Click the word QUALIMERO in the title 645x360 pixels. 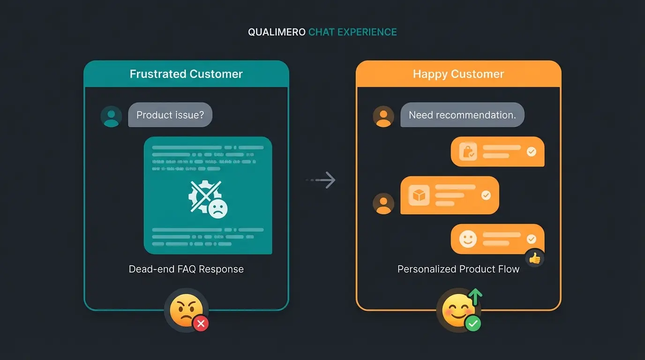(x=277, y=32)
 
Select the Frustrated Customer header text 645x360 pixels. (x=186, y=74)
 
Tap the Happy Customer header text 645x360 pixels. (x=458, y=74)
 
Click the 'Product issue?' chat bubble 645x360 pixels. (x=170, y=115)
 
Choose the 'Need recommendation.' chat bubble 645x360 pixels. (x=462, y=115)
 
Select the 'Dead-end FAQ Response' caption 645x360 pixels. (x=186, y=269)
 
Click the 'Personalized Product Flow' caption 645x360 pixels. (x=458, y=269)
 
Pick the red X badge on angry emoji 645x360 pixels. (x=201, y=323)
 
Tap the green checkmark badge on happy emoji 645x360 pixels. (x=473, y=323)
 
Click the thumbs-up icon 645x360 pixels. (x=534, y=258)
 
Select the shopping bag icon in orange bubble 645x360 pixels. (x=468, y=152)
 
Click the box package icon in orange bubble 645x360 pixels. (x=419, y=195)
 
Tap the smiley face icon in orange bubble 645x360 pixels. (x=467, y=239)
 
